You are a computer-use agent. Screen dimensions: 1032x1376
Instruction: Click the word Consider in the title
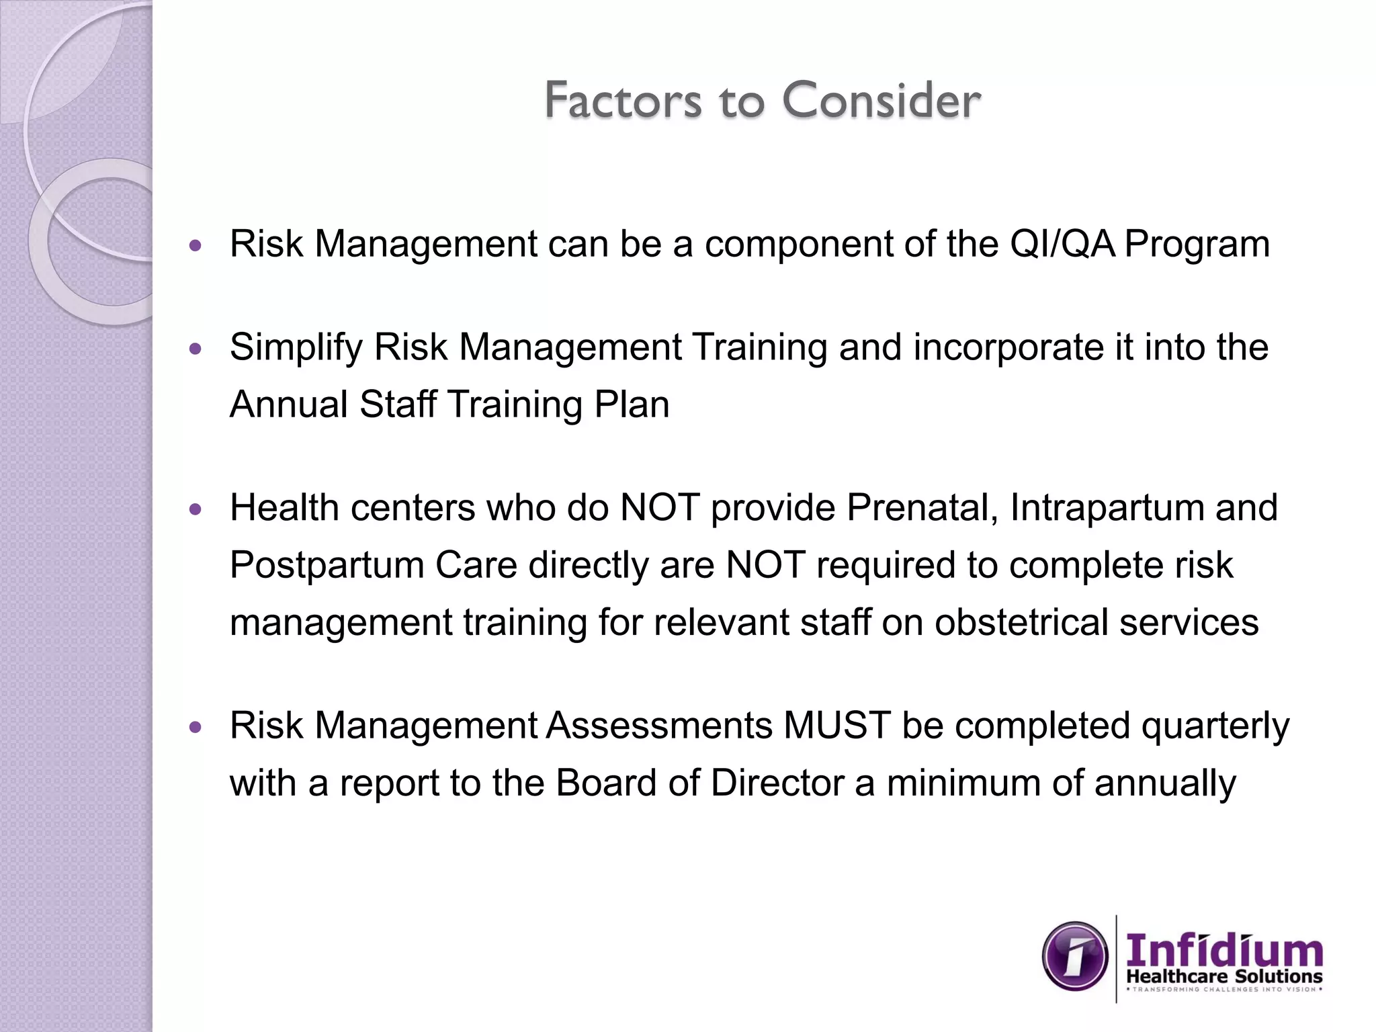click(x=881, y=101)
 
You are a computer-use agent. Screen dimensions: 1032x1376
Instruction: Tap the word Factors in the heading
click(x=623, y=101)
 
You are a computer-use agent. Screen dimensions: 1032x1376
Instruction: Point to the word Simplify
click(x=296, y=348)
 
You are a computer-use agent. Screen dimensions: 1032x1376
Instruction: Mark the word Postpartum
click(x=327, y=564)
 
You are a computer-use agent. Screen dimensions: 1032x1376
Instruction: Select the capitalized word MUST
click(x=836, y=726)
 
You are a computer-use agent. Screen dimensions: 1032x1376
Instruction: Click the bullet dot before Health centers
click(x=196, y=510)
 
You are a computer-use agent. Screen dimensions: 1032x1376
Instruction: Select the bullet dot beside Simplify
click(x=196, y=350)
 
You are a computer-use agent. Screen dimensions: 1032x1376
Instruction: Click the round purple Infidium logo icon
click(x=1075, y=956)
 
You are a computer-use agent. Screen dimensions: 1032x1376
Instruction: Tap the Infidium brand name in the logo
click(x=1224, y=951)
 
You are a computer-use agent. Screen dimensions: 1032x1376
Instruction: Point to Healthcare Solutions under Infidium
click(x=1224, y=977)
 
